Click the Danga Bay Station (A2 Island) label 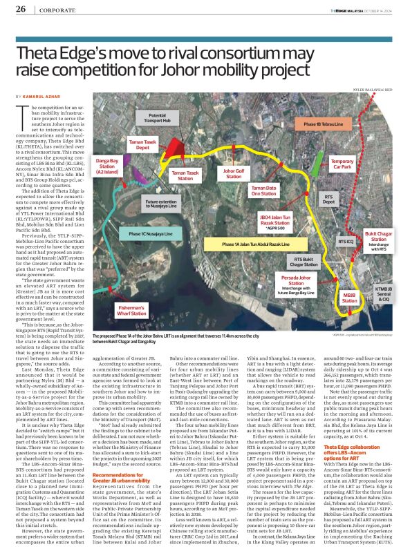pos(106,164)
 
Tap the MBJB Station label pos(350,298)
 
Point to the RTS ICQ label pos(344,242)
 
